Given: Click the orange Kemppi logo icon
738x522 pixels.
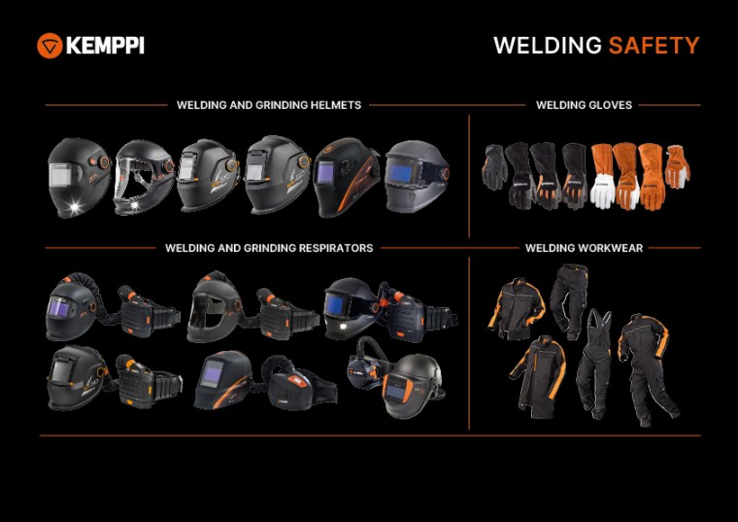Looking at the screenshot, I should pyautogui.click(x=50, y=45).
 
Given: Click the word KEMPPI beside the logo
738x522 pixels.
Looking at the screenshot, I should pyautogui.click(x=105, y=45).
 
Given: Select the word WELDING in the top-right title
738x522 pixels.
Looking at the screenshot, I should pyautogui.click(x=548, y=46).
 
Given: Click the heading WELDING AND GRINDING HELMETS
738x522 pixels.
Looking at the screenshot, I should pyautogui.click(x=269, y=105).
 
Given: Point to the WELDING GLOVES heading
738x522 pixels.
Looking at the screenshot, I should pyautogui.click(x=584, y=105).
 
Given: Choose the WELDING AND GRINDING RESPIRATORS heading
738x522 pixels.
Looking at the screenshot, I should pyautogui.click(x=269, y=248).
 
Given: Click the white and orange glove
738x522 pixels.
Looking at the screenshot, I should pyautogui.click(x=603, y=178).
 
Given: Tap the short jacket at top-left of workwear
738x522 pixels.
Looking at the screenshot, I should pyautogui.click(x=516, y=306).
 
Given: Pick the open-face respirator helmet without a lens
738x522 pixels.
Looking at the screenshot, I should pyautogui.click(x=215, y=306).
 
